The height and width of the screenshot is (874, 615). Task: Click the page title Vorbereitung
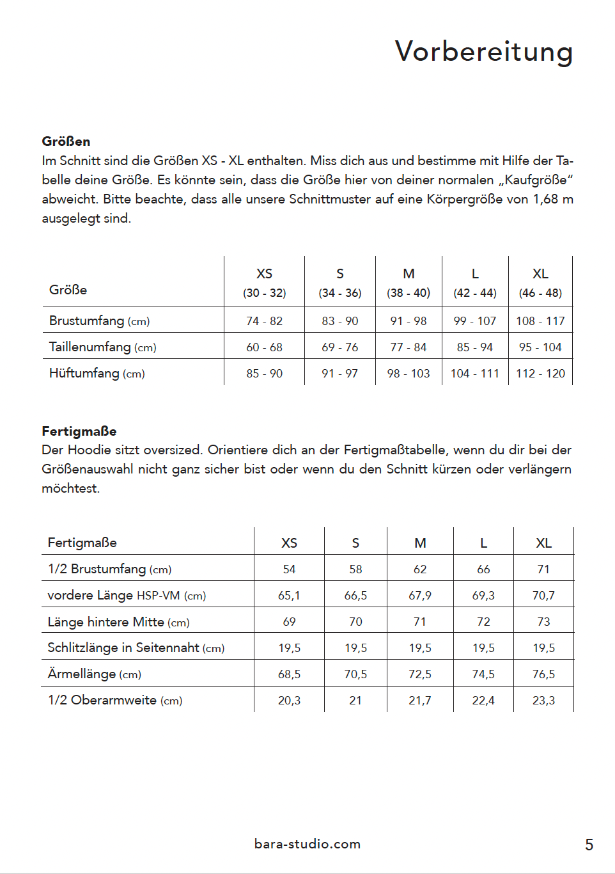[x=483, y=52]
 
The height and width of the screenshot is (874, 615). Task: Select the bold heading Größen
[x=66, y=141]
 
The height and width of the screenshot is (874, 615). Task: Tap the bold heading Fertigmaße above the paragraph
[x=79, y=431]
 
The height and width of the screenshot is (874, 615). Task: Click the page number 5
[x=589, y=845]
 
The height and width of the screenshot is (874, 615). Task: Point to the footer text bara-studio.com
[x=307, y=844]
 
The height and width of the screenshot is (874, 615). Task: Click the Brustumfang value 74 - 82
[x=264, y=321]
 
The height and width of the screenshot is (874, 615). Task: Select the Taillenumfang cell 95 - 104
[x=540, y=347]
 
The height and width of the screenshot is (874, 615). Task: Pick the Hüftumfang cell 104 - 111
[x=474, y=374]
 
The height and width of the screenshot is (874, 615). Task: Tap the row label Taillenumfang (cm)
[x=102, y=347]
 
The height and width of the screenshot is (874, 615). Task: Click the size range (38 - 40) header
[x=409, y=293]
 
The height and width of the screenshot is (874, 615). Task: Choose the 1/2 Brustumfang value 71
[x=543, y=569]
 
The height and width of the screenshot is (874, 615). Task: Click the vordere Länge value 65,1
[x=289, y=596]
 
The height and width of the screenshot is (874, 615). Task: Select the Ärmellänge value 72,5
[x=420, y=674]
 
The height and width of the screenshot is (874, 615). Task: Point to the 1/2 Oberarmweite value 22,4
[x=483, y=701]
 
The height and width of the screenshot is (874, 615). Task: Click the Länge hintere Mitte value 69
[x=289, y=622]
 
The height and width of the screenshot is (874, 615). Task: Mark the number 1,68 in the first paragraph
[x=545, y=199]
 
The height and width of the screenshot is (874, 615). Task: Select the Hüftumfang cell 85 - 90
[x=264, y=374]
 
